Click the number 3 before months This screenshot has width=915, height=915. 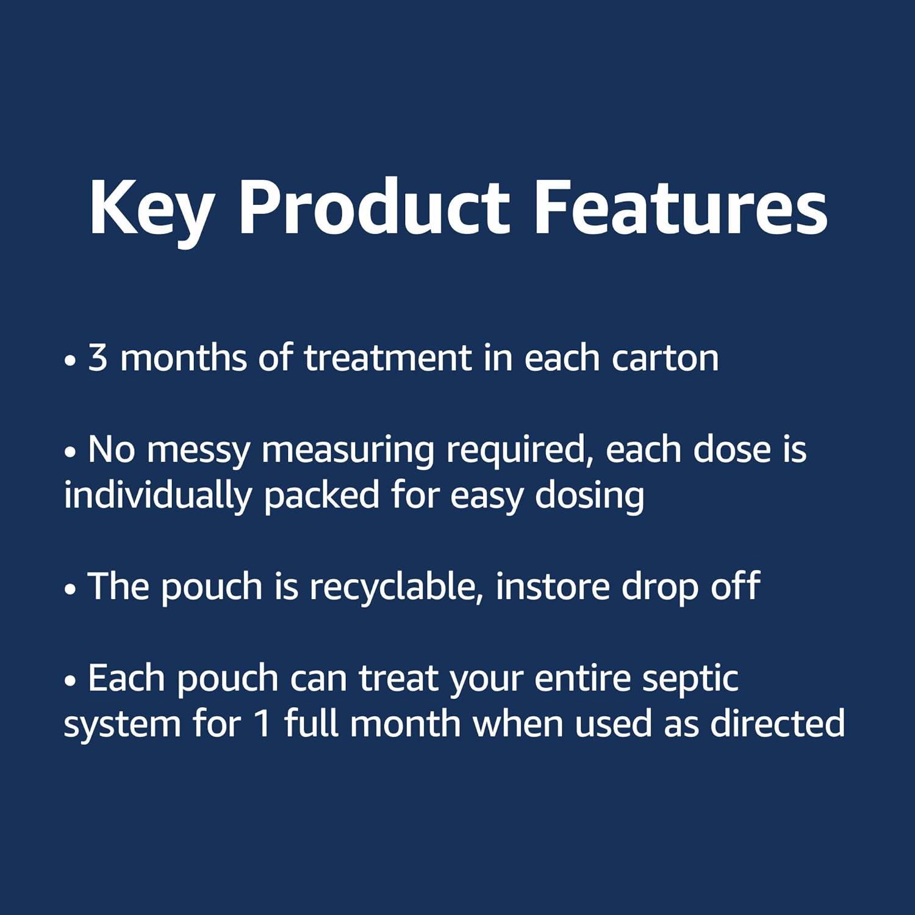coord(98,358)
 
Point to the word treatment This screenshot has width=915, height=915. coord(388,357)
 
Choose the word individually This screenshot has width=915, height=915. coord(157,496)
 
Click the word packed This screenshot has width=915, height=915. coord(321,496)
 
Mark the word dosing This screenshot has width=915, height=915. coord(589,496)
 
